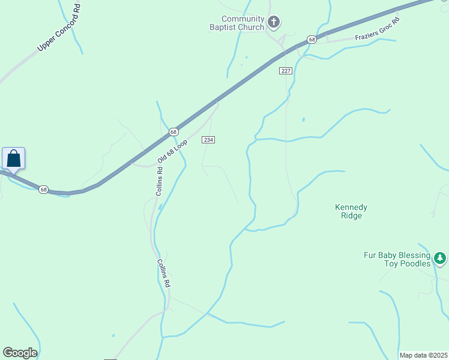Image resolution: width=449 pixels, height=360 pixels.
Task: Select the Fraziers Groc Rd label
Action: tap(377, 29)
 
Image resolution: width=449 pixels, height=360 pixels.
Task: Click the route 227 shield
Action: tap(285, 71)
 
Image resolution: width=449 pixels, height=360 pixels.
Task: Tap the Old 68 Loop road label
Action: tap(173, 152)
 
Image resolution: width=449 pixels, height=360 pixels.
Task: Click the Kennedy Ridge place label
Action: tap(351, 211)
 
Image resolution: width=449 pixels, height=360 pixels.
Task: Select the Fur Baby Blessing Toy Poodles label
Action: tap(397, 259)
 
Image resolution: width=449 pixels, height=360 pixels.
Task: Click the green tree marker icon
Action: tap(441, 258)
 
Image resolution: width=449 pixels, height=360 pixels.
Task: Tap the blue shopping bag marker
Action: tap(13, 159)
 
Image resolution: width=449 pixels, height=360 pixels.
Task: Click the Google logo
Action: tap(20, 353)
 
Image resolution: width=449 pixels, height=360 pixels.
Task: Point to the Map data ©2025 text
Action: tap(423, 355)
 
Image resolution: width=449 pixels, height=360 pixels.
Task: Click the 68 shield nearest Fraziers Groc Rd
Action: tap(311, 40)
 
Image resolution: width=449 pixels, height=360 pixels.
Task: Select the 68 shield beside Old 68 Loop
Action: tap(173, 131)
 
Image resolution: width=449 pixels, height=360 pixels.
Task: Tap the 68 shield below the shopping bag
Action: tap(43, 190)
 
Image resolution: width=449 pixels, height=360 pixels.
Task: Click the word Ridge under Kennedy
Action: tap(351, 216)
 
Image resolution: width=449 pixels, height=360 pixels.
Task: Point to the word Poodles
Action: tap(416, 263)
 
